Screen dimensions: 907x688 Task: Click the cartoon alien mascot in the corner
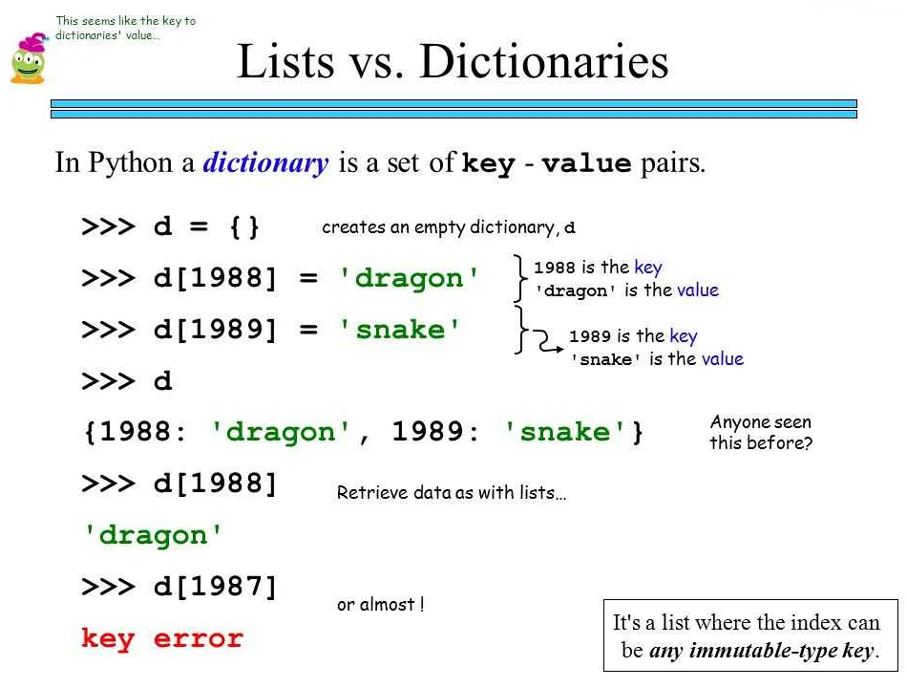29,58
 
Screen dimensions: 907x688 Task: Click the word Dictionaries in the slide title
544,61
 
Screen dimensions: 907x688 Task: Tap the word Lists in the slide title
285,61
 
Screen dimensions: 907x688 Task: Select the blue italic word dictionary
265,162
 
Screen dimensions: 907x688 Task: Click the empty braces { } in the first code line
244,226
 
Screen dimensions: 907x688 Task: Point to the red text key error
162,638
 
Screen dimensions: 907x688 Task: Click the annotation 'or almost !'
381,605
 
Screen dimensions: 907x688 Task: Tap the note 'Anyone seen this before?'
761,432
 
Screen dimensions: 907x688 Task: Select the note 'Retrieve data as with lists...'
452,492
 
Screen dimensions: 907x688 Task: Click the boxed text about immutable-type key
750,635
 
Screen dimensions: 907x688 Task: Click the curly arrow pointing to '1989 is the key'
545,342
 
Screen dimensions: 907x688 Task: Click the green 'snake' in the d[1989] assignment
400,330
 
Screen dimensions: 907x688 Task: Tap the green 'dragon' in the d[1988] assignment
409,279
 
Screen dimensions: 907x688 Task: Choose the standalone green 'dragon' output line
153,535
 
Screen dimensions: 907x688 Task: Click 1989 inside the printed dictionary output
428,432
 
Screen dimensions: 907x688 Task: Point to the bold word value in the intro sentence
586,163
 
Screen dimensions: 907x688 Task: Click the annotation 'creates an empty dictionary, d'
449,227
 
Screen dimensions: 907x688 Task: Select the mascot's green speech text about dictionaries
125,28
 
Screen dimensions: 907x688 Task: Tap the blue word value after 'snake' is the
723,359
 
